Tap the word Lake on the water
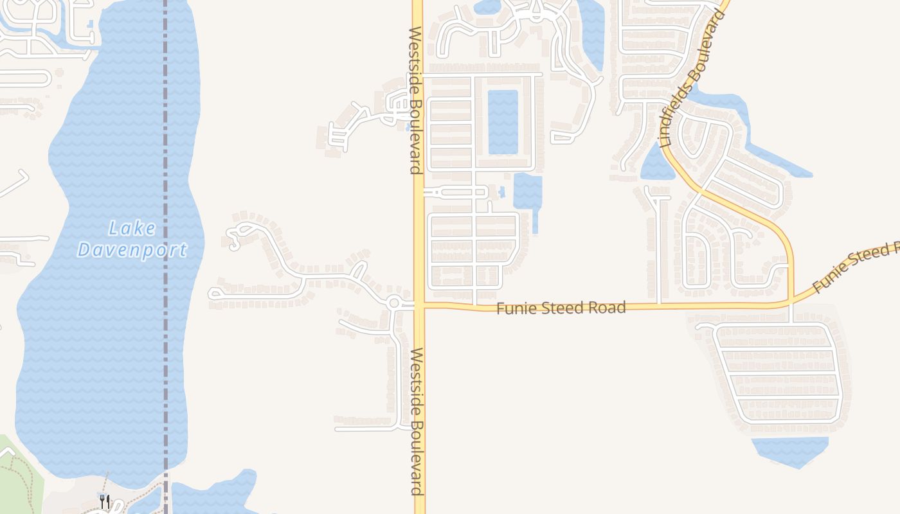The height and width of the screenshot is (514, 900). pyautogui.click(x=132, y=228)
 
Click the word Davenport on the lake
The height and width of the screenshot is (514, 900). pyautogui.click(x=132, y=249)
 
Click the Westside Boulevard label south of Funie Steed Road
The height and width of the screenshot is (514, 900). pyautogui.click(x=417, y=421)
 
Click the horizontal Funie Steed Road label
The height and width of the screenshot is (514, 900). pyautogui.click(x=561, y=308)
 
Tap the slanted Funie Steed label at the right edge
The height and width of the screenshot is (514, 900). pyautogui.click(x=855, y=267)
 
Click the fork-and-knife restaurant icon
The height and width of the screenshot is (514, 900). pyautogui.click(x=104, y=501)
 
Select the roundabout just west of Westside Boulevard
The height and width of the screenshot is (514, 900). pyautogui.click(x=394, y=303)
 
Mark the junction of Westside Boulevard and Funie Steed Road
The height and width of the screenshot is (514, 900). pyautogui.click(x=419, y=306)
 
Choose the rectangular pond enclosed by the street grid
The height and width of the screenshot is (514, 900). pyautogui.click(x=503, y=122)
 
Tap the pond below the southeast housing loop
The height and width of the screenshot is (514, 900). pyautogui.click(x=789, y=450)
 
